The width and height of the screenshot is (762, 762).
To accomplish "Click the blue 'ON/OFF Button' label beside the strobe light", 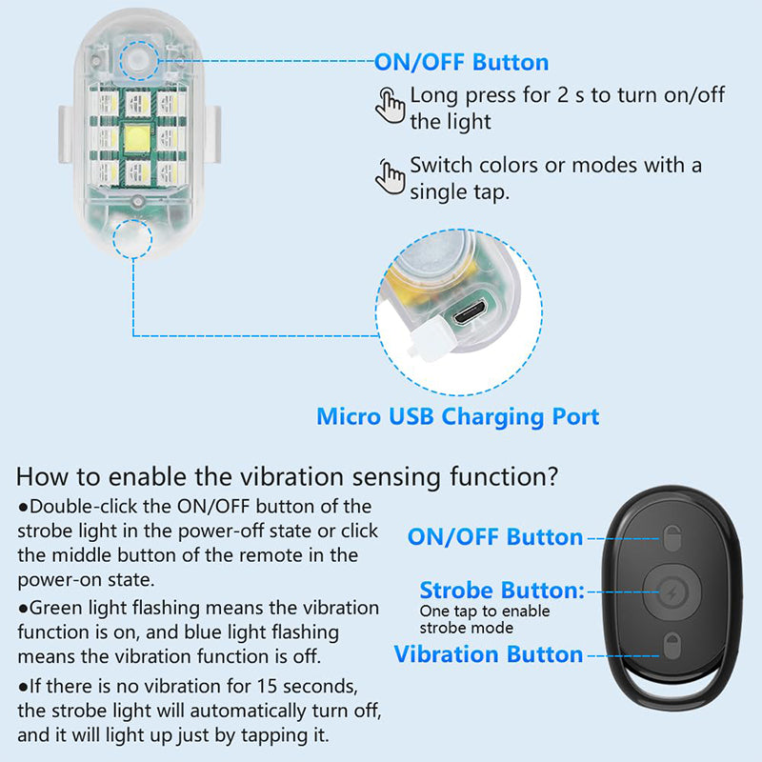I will pyautogui.click(x=461, y=63).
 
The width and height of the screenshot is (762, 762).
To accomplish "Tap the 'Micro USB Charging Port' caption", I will pyautogui.click(x=457, y=416).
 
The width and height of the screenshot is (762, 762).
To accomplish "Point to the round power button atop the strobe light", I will pyautogui.click(x=139, y=62).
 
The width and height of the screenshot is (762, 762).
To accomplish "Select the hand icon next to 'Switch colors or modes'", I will pyautogui.click(x=389, y=175).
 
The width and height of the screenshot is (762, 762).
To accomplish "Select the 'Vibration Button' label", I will pyautogui.click(x=488, y=654).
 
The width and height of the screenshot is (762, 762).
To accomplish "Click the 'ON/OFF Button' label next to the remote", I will pyautogui.click(x=494, y=537).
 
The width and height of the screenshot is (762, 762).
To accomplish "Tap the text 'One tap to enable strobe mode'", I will pyautogui.click(x=485, y=619).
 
